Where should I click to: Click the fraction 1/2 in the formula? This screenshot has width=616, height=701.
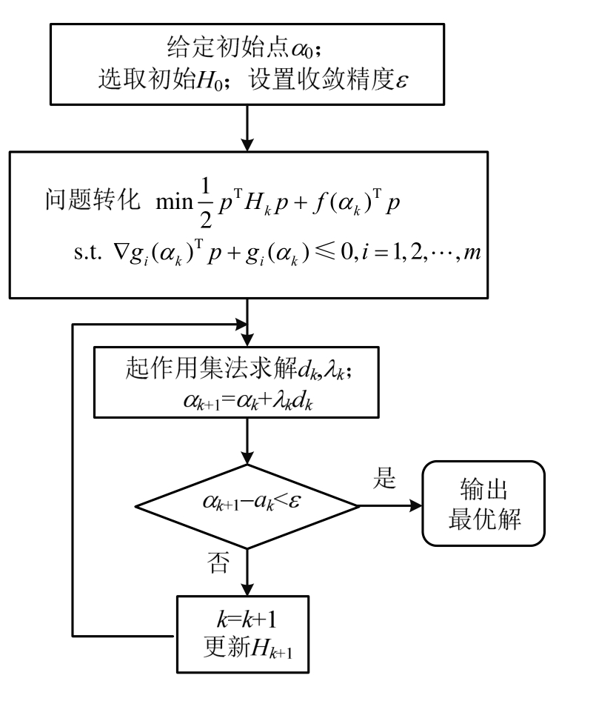click(201, 202)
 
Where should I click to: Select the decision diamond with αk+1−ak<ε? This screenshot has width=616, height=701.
click(246, 507)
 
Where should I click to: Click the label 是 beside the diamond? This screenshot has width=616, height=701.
click(386, 479)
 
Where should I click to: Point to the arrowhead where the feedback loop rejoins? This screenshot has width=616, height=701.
click(238, 325)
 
